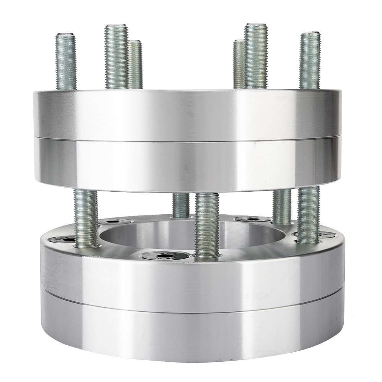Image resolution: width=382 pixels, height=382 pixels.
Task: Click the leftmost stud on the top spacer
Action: tap(66, 61)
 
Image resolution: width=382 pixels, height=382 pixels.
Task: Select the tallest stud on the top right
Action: tap(256, 55)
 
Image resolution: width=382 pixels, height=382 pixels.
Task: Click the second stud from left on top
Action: tap(116, 57)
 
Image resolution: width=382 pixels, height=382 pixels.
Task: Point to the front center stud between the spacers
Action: tap(207, 225)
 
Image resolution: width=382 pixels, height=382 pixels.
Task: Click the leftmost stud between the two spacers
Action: tap(86, 218)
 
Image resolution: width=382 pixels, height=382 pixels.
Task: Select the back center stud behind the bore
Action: tap(181, 205)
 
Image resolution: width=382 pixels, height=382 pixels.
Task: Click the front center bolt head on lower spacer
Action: tap(165, 255)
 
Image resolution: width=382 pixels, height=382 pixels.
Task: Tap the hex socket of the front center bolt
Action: tap(165, 256)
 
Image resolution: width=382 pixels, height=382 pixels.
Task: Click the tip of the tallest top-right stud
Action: tap(256, 25)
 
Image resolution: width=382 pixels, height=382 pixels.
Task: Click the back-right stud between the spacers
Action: tap(282, 206)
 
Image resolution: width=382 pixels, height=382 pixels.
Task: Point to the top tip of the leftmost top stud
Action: tap(65, 35)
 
